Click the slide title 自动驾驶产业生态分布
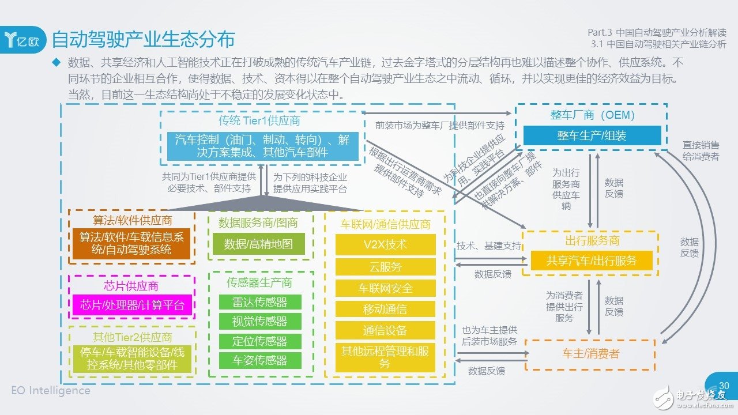pyautogui.click(x=144, y=39)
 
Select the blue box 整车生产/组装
pyautogui.click(x=592, y=135)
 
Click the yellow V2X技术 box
pyautogui.click(x=385, y=244)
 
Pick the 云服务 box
pyautogui.click(x=385, y=266)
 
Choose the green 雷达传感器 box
pyautogui.click(x=259, y=302)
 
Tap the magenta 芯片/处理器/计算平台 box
pyautogui.click(x=132, y=305)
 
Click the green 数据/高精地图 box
pyautogui.click(x=259, y=244)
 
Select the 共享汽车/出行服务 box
pyautogui.click(x=592, y=261)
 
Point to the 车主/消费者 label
pyautogui.click(x=590, y=353)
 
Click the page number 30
pyautogui.click(x=724, y=386)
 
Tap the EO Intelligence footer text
pyautogui.click(x=51, y=391)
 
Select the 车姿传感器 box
pyautogui.click(x=259, y=361)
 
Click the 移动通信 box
pyautogui.click(x=385, y=309)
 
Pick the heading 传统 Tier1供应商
pyautogui.click(x=259, y=121)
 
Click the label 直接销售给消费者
pyautogui.click(x=700, y=150)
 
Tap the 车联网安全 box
pyautogui.click(x=385, y=288)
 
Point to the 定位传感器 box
pyautogui.click(x=259, y=341)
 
